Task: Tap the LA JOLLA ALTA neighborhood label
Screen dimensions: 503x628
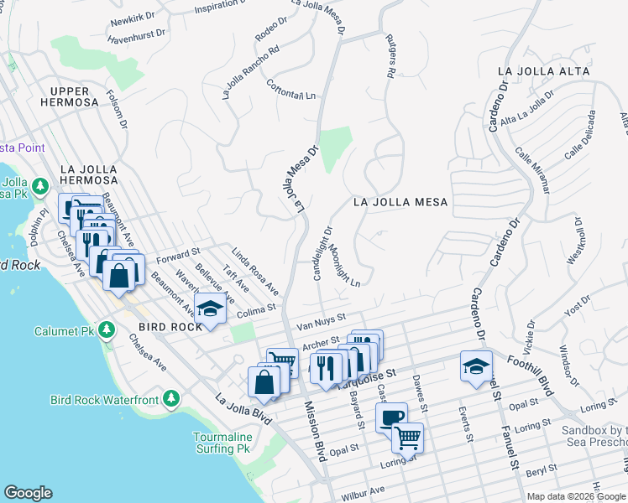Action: [542, 70]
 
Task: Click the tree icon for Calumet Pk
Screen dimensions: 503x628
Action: [106, 329]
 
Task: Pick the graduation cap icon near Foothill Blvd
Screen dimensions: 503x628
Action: [476, 366]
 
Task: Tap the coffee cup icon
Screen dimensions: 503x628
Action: [392, 417]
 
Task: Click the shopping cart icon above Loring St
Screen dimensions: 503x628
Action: [408, 436]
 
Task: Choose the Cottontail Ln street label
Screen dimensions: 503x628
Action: [295, 91]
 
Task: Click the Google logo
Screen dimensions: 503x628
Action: [29, 493]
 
